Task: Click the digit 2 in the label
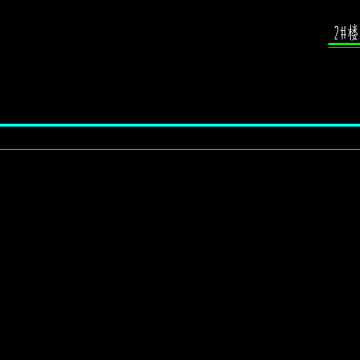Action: (337, 32)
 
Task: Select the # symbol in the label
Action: (343, 32)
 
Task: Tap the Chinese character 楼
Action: (353, 32)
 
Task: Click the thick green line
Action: (344, 44)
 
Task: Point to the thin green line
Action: (344, 47)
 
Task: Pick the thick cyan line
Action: (180, 125)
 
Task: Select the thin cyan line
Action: (180, 149)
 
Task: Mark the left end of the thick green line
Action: (328, 44)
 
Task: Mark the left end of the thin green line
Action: (328, 47)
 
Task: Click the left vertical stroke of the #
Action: (342, 32)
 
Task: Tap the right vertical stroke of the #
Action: (345, 32)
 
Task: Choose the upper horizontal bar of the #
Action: (343, 30)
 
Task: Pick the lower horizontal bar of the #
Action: (343, 35)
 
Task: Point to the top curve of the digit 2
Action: (337, 27)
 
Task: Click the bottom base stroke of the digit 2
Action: (337, 39)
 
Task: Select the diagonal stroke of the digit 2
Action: (337, 34)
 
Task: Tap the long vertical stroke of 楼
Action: (350, 32)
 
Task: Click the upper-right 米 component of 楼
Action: (355, 28)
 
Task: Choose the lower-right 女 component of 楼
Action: (355, 37)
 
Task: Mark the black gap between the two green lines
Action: (344, 46)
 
